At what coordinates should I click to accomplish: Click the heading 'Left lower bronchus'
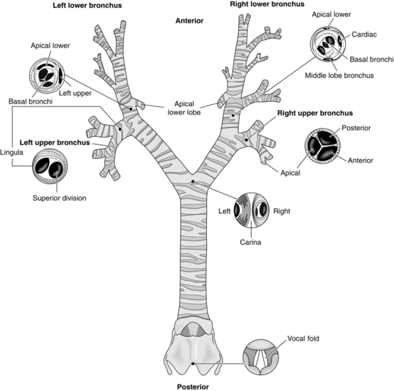[x=87, y=5]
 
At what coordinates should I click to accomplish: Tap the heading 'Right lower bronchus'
[x=267, y=4]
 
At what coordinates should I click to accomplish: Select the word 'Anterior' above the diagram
[x=190, y=21]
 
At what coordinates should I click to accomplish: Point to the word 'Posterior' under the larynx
[x=193, y=387]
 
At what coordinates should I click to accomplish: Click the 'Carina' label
[x=250, y=242]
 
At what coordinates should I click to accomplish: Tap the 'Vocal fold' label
[x=303, y=338]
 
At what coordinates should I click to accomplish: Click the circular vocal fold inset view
[x=261, y=357]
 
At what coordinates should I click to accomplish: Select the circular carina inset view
[x=252, y=210]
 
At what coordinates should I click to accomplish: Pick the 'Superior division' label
[x=59, y=198]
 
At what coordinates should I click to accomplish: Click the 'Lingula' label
[x=12, y=152]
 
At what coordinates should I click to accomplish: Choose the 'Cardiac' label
[x=364, y=35]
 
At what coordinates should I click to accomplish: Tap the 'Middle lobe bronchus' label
[x=339, y=75]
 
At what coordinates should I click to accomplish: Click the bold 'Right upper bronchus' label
[x=315, y=113]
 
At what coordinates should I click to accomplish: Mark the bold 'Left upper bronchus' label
[x=55, y=142]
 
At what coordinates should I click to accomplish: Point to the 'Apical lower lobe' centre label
[x=184, y=108]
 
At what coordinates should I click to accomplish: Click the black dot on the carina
[x=193, y=181]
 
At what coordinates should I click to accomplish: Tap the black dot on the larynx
[x=193, y=363]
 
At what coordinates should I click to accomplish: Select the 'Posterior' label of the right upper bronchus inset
[x=356, y=128]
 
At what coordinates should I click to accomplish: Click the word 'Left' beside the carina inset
[x=224, y=211]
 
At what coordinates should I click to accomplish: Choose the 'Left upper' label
[x=75, y=93]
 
